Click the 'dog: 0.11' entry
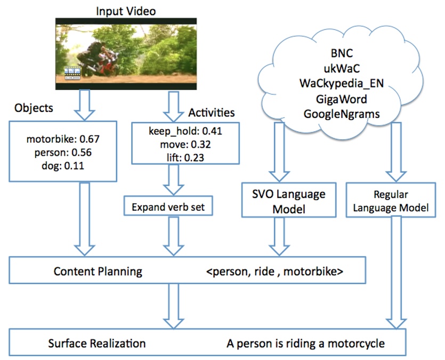click(63, 165)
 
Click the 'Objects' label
click(33, 108)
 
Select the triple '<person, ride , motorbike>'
click(274, 271)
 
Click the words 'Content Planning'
click(98, 271)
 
